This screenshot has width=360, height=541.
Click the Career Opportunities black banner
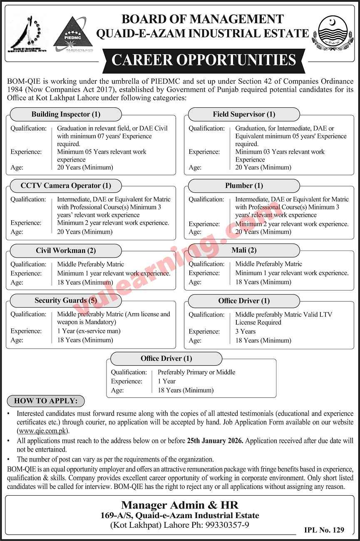click(x=204, y=60)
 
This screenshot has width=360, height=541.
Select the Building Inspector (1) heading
click(x=66, y=114)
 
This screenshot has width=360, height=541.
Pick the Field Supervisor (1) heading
click(x=244, y=114)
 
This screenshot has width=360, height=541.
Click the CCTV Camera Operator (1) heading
click(x=66, y=186)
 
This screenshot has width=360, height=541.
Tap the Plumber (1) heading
click(x=244, y=186)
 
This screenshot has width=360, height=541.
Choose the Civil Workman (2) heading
click(x=66, y=251)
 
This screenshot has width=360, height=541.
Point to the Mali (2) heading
click(x=244, y=251)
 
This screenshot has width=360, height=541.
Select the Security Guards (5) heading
click(x=66, y=300)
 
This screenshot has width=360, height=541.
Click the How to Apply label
click(x=46, y=401)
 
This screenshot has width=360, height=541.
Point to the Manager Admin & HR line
click(x=180, y=505)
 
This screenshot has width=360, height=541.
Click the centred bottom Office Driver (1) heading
click(x=166, y=358)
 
